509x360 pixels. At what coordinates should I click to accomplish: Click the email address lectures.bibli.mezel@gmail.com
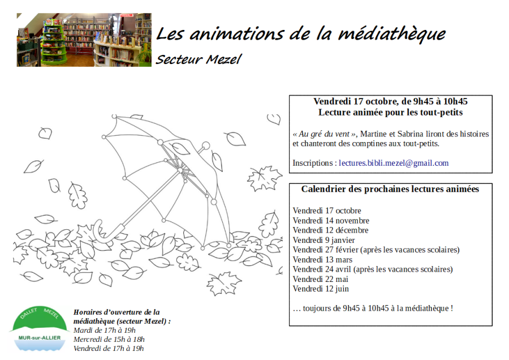coord(394,163)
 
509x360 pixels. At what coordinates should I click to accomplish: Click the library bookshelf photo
coord(84,40)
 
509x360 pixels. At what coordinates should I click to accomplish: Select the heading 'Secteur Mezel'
coord(199,59)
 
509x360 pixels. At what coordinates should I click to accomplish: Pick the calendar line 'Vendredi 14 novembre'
coord(331,221)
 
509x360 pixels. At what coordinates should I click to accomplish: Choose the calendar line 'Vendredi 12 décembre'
coord(330,230)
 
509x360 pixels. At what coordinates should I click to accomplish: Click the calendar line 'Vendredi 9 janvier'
coord(323,240)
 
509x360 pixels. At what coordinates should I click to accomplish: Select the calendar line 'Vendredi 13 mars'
coord(322,259)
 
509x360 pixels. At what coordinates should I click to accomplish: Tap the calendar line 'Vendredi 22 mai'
coord(320,279)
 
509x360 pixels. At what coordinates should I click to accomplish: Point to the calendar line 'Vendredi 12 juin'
coord(321,289)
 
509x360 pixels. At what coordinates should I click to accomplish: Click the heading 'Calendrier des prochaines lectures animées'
coord(390,189)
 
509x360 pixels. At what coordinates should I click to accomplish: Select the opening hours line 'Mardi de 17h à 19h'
coord(105,330)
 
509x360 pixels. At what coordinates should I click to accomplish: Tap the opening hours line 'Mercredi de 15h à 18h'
coord(109,339)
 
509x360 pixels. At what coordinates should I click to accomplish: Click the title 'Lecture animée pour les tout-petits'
coord(390,113)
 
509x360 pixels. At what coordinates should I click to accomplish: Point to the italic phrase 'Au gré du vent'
coord(325,134)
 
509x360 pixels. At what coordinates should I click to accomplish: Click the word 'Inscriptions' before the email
coord(313,163)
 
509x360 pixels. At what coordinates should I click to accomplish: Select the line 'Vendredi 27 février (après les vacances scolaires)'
coord(376,250)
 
